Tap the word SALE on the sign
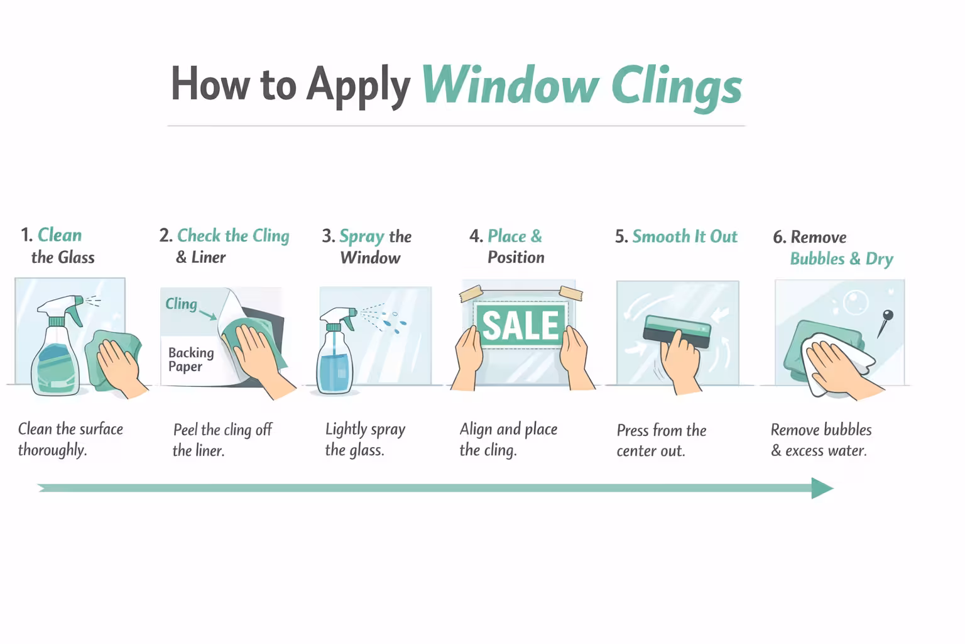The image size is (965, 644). [x=520, y=325]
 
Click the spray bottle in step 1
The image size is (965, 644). [x=57, y=352]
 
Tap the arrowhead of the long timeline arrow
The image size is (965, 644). [x=821, y=488]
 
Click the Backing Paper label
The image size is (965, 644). [x=190, y=359]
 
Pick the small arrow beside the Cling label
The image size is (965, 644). [x=208, y=313]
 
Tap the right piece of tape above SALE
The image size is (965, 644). [x=570, y=292]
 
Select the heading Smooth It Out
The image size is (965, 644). [x=684, y=236]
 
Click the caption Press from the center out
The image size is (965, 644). [x=661, y=440]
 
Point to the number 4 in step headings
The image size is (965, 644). [x=474, y=236]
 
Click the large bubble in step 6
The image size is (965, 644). [x=855, y=303]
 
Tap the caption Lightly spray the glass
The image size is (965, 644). [x=364, y=440]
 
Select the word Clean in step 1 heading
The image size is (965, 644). [x=60, y=235]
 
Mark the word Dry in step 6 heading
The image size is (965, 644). [x=879, y=258]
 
